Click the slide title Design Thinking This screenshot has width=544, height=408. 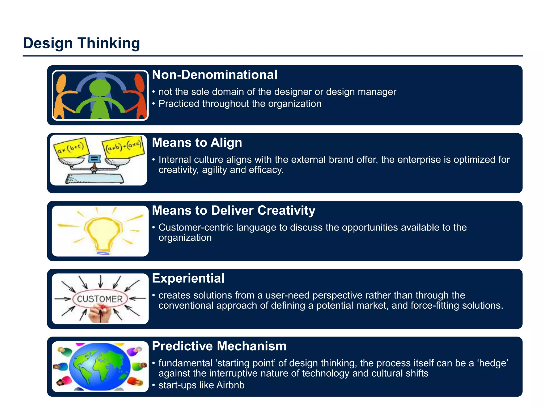[x=81, y=43]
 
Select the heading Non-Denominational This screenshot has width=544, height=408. [x=214, y=75]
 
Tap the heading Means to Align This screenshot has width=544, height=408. [x=197, y=143]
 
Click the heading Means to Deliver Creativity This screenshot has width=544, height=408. [x=233, y=210]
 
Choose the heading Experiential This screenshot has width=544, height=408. [x=188, y=278]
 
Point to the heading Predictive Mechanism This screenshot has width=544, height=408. [x=219, y=346]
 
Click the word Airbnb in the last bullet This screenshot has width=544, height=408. [x=230, y=385]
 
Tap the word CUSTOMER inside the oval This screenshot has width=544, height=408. [x=100, y=299]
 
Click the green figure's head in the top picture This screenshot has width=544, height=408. [x=100, y=88]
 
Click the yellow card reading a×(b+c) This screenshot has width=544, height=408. [x=71, y=147]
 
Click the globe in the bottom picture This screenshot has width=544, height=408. [x=100, y=366]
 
